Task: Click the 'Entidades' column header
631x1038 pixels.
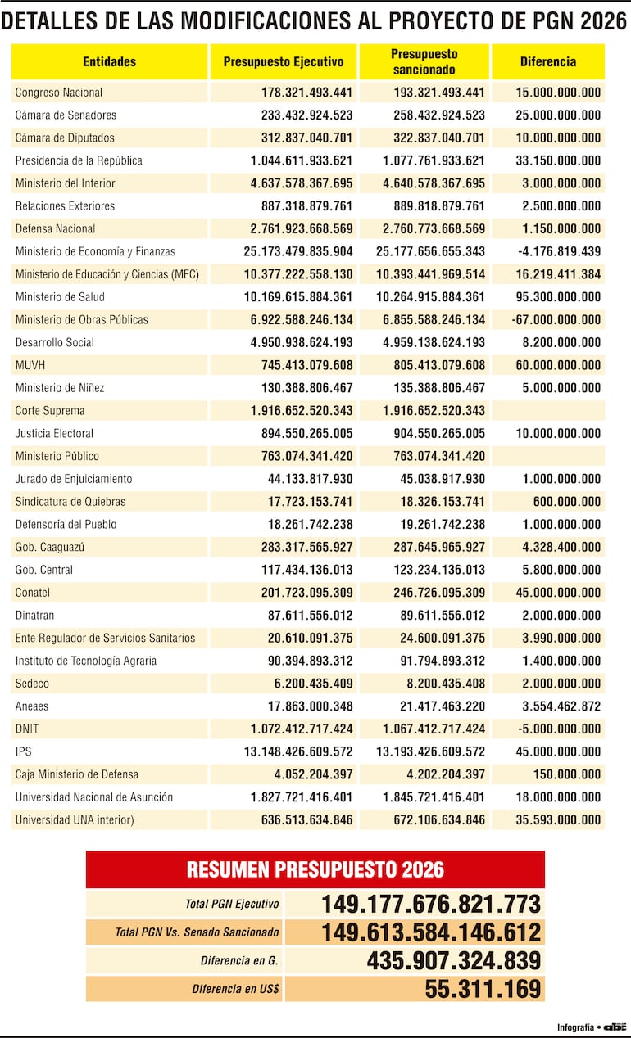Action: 109,62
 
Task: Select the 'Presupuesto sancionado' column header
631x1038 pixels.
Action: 424,62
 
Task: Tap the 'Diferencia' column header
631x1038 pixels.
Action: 547,62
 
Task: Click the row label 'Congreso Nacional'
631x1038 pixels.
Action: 59,93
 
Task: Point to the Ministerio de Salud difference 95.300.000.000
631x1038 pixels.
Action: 557,297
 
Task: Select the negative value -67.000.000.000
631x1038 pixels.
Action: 556,320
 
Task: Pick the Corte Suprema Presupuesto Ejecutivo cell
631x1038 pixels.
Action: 302,411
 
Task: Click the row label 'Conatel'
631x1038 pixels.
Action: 33,593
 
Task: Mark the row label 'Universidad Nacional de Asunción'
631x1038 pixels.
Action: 94,797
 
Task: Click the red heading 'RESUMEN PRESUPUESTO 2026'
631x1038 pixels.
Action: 315,869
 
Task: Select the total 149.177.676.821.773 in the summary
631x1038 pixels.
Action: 431,905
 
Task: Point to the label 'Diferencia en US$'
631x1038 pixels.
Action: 235,989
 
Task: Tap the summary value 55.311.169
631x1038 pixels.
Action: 483,989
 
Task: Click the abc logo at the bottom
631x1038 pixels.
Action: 615,1027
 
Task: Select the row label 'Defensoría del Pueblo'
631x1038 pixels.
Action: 66,525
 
